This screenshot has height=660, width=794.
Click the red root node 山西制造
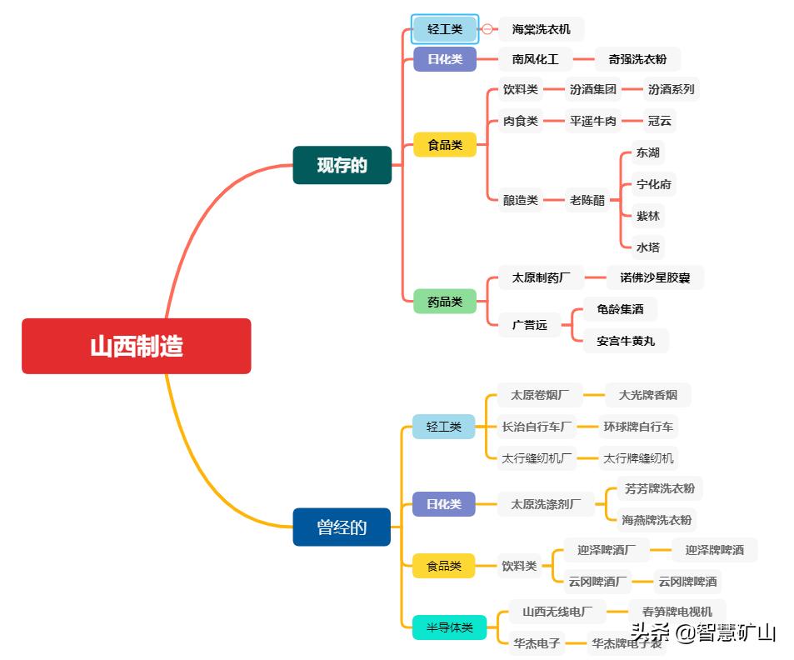point(136,346)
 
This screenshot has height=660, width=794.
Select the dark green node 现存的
point(342,165)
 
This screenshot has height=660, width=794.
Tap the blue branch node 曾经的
point(342,527)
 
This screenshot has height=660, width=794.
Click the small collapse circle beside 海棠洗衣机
point(487,29)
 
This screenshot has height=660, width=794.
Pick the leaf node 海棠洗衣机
point(541,29)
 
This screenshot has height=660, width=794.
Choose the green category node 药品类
point(445,302)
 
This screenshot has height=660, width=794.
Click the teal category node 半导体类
point(449,627)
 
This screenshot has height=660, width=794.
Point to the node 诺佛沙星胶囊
point(654,277)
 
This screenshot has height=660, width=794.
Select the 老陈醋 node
point(587,200)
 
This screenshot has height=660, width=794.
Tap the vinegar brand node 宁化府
point(653,184)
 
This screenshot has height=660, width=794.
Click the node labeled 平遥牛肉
point(592,121)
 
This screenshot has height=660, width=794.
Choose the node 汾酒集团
point(592,89)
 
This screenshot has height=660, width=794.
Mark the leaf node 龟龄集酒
point(620,309)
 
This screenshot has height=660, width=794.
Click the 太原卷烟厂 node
point(535,395)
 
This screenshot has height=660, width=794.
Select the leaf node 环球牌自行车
point(638,427)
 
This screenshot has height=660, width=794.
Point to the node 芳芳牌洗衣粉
point(659,488)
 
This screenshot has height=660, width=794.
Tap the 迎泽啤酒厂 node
point(606,550)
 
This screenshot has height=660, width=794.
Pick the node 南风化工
point(535,59)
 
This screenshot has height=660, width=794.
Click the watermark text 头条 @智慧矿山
point(703,632)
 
